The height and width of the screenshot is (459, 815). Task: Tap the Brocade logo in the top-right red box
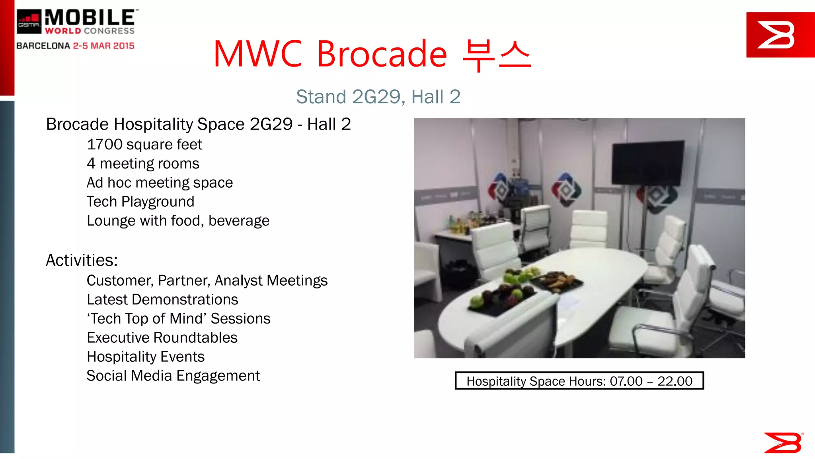point(776,35)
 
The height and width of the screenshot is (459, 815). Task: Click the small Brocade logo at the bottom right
point(783,442)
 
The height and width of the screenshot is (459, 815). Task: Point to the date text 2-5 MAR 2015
point(103,46)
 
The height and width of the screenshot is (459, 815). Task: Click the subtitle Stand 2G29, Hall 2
point(378,97)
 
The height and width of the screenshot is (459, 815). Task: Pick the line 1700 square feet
point(144,145)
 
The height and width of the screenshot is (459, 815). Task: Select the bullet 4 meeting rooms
point(143,164)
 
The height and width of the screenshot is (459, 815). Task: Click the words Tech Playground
point(140,202)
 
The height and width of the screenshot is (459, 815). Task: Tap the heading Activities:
point(82,261)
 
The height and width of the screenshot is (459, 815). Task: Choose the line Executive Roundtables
point(162,338)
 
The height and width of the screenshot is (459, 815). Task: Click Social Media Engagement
point(173,376)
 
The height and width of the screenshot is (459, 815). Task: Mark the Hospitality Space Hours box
point(579,381)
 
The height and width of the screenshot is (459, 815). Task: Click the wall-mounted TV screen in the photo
point(647,163)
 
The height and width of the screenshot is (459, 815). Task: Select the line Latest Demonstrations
point(162,300)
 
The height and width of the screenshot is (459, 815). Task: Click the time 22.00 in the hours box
point(675,381)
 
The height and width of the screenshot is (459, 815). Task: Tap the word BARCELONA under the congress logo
point(43,46)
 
